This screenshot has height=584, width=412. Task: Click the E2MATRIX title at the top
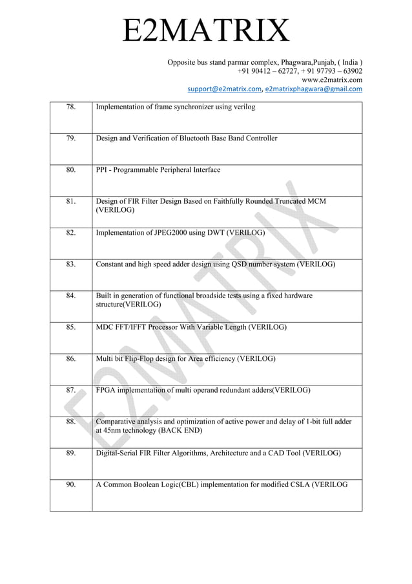206,31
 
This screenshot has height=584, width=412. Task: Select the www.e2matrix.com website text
331,80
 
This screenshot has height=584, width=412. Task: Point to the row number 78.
71,107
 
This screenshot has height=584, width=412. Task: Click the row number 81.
71,202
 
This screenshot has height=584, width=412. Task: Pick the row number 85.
71,327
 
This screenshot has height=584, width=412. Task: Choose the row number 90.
71,484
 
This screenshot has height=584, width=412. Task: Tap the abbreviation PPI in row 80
103,170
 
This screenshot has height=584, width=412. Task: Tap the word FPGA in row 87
107,390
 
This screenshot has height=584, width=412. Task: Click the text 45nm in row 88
115,430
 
